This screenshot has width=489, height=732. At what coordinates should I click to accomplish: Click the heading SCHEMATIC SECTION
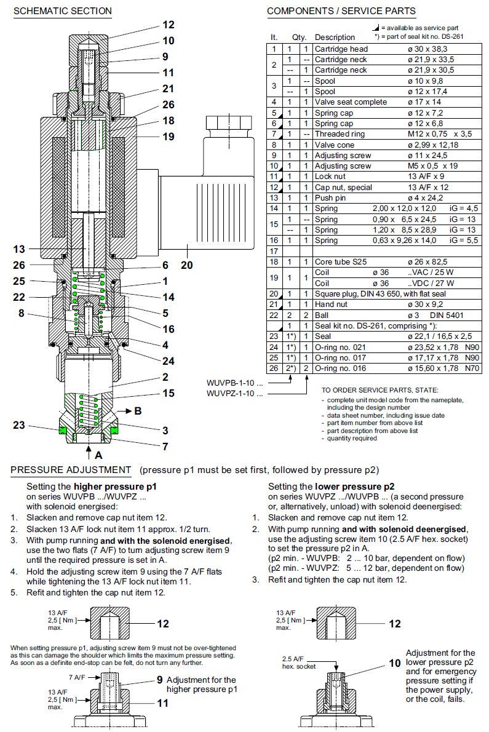[62, 11]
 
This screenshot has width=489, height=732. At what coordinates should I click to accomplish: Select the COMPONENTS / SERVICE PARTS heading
[341, 11]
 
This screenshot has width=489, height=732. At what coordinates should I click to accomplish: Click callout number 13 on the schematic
[20, 249]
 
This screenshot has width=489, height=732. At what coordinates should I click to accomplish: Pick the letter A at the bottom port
[97, 456]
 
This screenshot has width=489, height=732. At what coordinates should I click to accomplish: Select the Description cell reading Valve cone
[336, 145]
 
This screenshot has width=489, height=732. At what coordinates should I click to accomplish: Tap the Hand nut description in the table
[333, 304]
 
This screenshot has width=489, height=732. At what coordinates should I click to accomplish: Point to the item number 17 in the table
[274, 252]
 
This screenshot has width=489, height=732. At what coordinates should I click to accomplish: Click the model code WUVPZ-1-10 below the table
[234, 392]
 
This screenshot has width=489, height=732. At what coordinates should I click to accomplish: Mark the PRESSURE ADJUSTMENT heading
[71, 471]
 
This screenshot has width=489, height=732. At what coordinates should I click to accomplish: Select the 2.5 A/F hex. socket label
[298, 662]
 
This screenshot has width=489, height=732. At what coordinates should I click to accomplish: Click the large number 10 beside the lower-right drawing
[394, 664]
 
